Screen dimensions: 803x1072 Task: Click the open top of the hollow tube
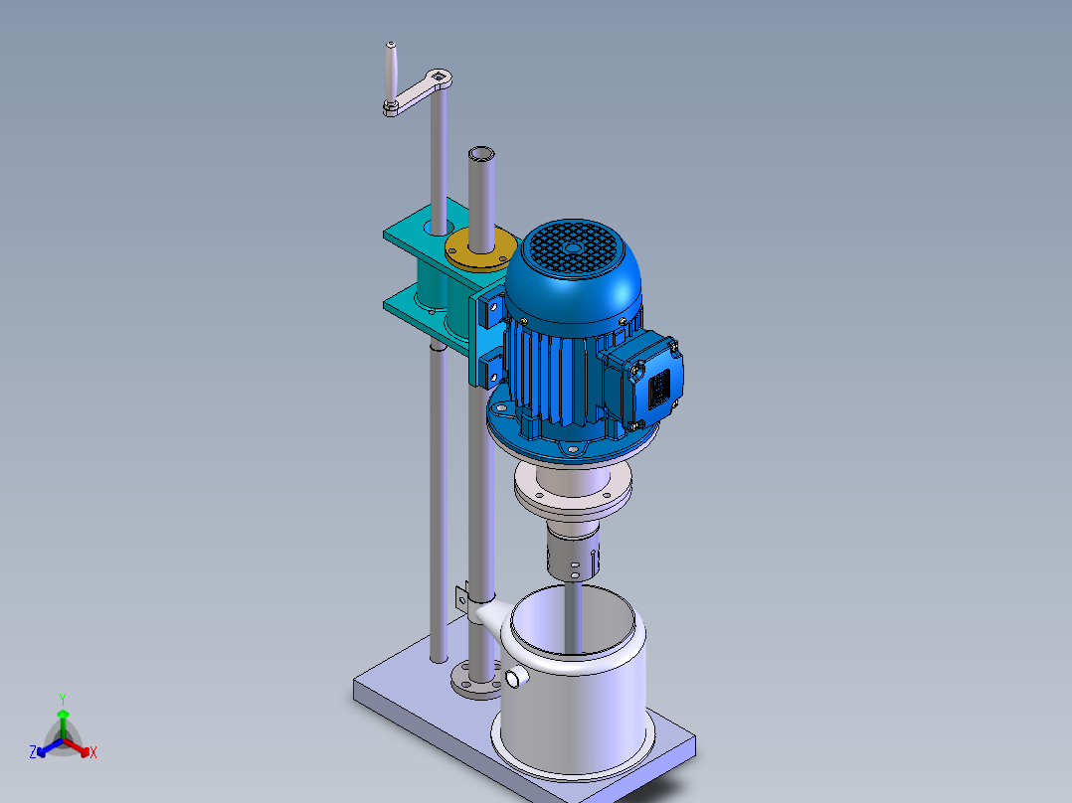point(482,154)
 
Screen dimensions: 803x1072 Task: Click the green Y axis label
point(62,699)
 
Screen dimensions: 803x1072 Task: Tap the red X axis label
point(93,753)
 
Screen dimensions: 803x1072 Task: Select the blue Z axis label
point(33,753)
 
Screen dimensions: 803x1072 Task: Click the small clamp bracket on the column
point(461,598)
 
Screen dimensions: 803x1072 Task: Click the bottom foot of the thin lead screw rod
point(438,656)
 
